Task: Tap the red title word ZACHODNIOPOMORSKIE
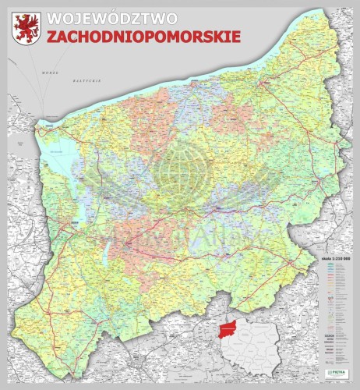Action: point(143,36)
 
